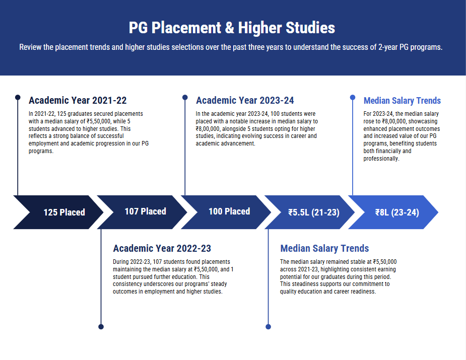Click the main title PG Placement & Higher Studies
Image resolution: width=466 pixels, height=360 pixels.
232,28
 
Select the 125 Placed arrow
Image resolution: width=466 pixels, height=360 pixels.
58,212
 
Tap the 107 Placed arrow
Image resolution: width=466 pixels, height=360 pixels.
143,212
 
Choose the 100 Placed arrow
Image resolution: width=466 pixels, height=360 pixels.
226,212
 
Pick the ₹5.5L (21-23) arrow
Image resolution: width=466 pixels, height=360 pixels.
310,212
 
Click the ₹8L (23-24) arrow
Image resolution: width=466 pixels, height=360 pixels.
393,212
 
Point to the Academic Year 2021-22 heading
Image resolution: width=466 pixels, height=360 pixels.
78,100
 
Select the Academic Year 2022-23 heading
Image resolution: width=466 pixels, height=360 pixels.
162,248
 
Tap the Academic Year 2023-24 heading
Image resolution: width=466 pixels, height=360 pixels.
245,100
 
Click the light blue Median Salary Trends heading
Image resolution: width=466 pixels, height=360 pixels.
402,101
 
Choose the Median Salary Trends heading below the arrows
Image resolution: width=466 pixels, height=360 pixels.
324,248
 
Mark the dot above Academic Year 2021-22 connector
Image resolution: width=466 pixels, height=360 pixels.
18,97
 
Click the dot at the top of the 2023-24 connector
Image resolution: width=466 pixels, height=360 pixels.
185,97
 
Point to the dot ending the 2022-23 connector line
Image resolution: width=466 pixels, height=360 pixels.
101,327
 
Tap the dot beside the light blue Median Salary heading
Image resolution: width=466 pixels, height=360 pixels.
353,97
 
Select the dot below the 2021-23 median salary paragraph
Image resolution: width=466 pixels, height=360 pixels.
269,327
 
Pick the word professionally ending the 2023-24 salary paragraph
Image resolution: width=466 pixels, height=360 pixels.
381,159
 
